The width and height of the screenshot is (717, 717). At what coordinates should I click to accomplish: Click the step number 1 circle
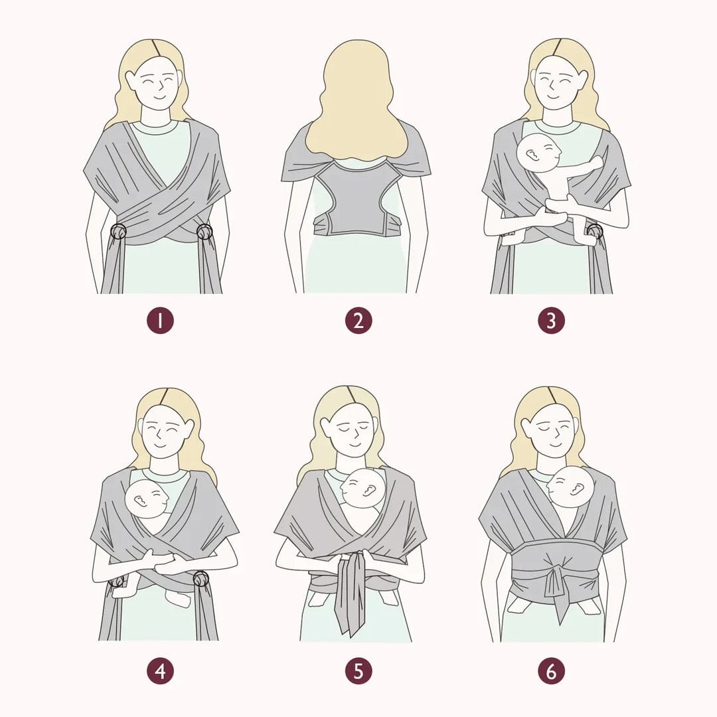(x=160, y=321)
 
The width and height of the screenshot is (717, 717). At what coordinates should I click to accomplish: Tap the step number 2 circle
(x=358, y=321)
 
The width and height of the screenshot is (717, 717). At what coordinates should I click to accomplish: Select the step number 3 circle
(x=552, y=321)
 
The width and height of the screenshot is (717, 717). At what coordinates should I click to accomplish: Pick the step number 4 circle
(x=160, y=671)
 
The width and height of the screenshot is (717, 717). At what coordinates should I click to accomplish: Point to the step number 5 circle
(x=358, y=671)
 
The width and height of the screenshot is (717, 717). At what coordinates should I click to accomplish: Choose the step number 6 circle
(x=552, y=671)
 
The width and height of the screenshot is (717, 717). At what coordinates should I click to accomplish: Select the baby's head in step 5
(x=364, y=489)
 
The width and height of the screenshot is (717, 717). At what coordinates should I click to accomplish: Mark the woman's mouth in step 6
(x=554, y=444)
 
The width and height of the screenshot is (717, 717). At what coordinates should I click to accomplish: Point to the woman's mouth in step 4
(x=161, y=444)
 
